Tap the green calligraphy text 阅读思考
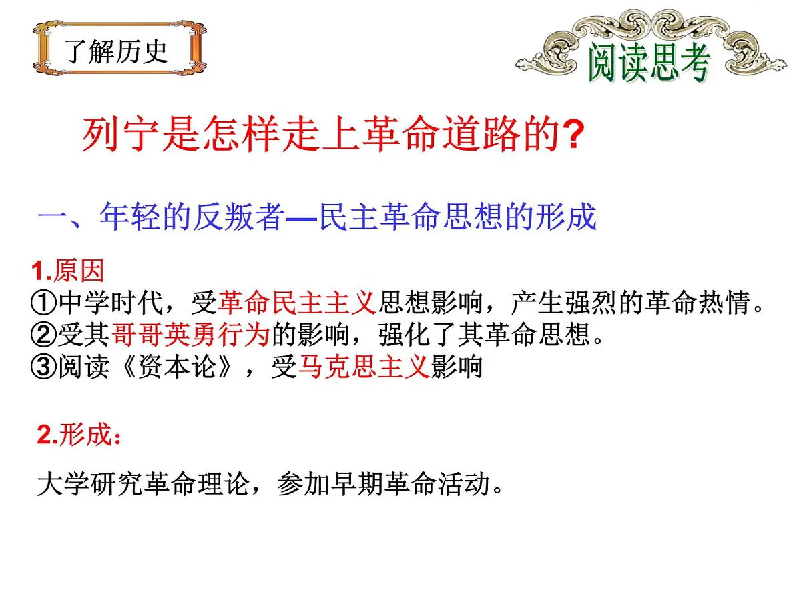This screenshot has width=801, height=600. tap(647, 64)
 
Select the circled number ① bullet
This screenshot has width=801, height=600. tap(43, 303)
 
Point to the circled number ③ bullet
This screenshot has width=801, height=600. tap(43, 367)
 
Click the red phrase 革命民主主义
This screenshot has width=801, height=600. tap(297, 303)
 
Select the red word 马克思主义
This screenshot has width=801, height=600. tap(363, 367)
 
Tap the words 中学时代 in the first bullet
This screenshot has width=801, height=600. tap(110, 303)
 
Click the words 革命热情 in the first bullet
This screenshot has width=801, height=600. tap(696, 303)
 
